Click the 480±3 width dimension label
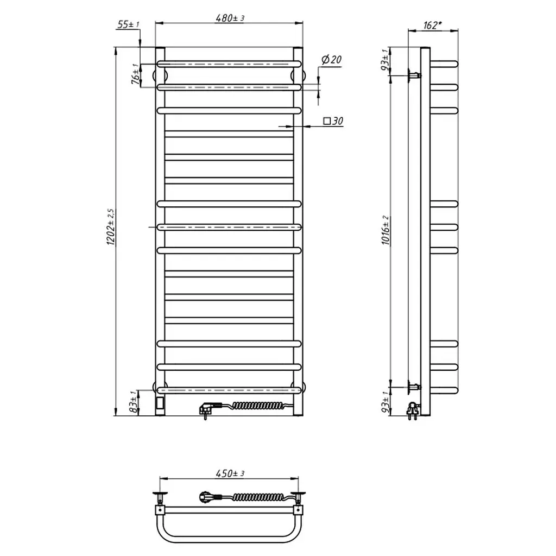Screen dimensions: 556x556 coord(230,18)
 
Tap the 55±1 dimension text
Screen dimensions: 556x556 coord(128,24)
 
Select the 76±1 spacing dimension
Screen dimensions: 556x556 coord(135,74)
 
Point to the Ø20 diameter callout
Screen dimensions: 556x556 coord(332,60)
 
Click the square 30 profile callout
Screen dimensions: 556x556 coord(333,121)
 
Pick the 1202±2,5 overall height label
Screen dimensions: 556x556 coord(111,227)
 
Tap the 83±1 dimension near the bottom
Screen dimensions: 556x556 coord(134,402)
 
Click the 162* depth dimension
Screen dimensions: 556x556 coord(433,26)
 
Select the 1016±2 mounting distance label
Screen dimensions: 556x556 coord(386,230)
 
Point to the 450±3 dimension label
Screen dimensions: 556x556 coord(230,473)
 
